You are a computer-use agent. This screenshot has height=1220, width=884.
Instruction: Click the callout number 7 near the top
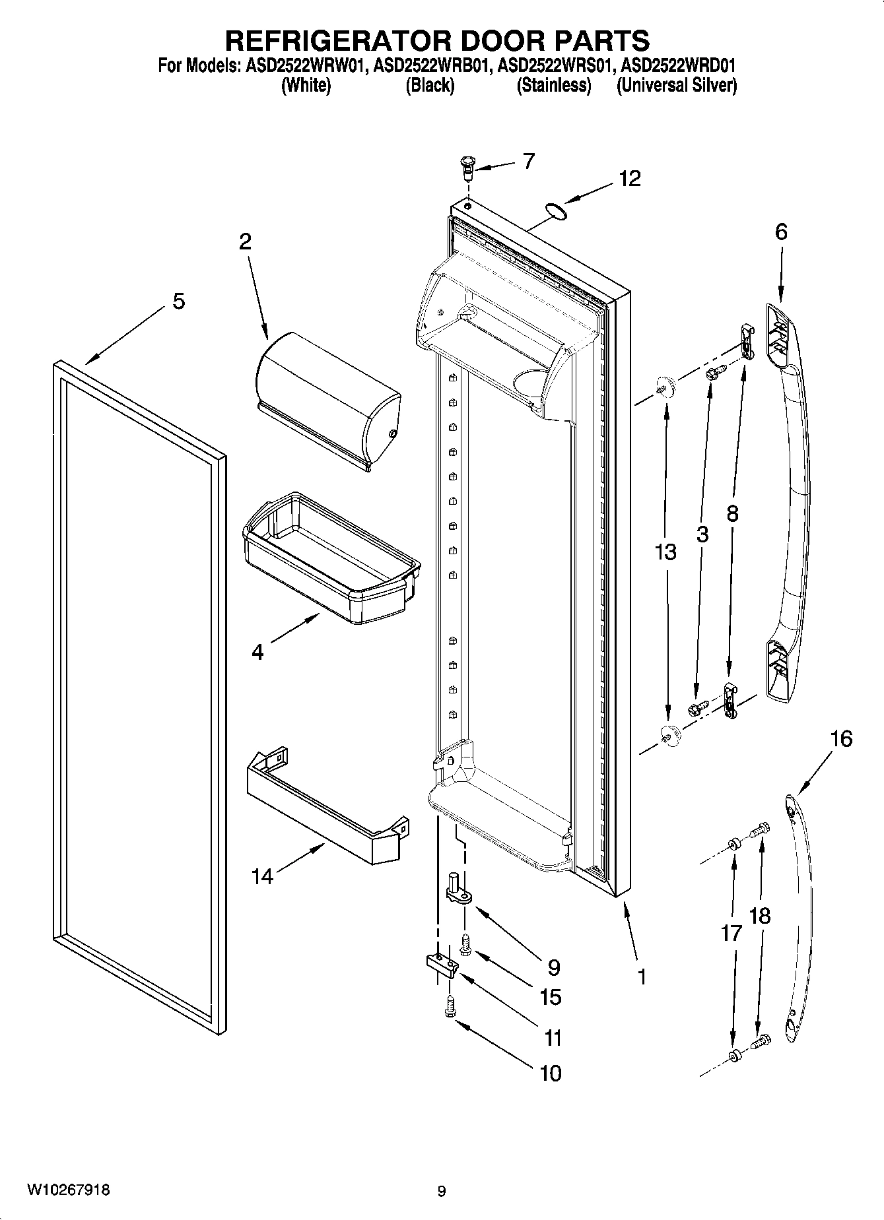click(x=529, y=161)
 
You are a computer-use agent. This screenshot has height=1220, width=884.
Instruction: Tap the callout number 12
click(x=629, y=179)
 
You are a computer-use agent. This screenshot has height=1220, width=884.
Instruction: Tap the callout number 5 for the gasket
click(x=178, y=302)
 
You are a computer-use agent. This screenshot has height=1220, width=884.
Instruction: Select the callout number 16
click(x=840, y=739)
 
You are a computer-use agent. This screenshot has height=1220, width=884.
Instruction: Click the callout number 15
click(x=551, y=997)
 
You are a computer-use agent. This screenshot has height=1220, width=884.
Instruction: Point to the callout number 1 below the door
click(x=641, y=976)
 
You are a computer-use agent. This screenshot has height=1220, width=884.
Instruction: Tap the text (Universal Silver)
click(x=676, y=85)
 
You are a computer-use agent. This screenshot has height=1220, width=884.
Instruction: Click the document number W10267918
click(x=68, y=1190)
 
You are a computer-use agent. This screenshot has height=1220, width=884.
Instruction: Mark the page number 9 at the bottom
click(x=441, y=1191)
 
